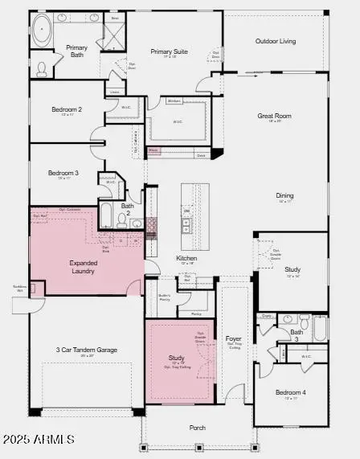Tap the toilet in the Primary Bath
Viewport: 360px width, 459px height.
pyautogui.click(x=41, y=68)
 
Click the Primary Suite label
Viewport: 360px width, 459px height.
pyautogui.click(x=169, y=52)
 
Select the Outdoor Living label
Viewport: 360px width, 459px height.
pyautogui.click(x=276, y=41)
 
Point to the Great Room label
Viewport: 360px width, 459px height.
pyautogui.click(x=273, y=117)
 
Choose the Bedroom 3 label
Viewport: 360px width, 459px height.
pyautogui.click(x=63, y=173)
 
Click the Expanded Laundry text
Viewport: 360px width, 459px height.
pyautogui.click(x=83, y=267)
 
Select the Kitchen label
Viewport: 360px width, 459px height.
pyautogui.click(x=186, y=258)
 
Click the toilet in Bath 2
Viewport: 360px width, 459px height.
pyautogui.click(x=137, y=223)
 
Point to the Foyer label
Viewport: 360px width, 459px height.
pyautogui.click(x=233, y=338)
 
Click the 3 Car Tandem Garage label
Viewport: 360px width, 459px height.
pyautogui.click(x=86, y=350)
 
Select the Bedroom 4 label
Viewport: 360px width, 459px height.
pyautogui.click(x=290, y=392)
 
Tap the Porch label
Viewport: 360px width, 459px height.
pyautogui.click(x=198, y=428)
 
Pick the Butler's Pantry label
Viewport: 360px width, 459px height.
pyautogui.click(x=164, y=296)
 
